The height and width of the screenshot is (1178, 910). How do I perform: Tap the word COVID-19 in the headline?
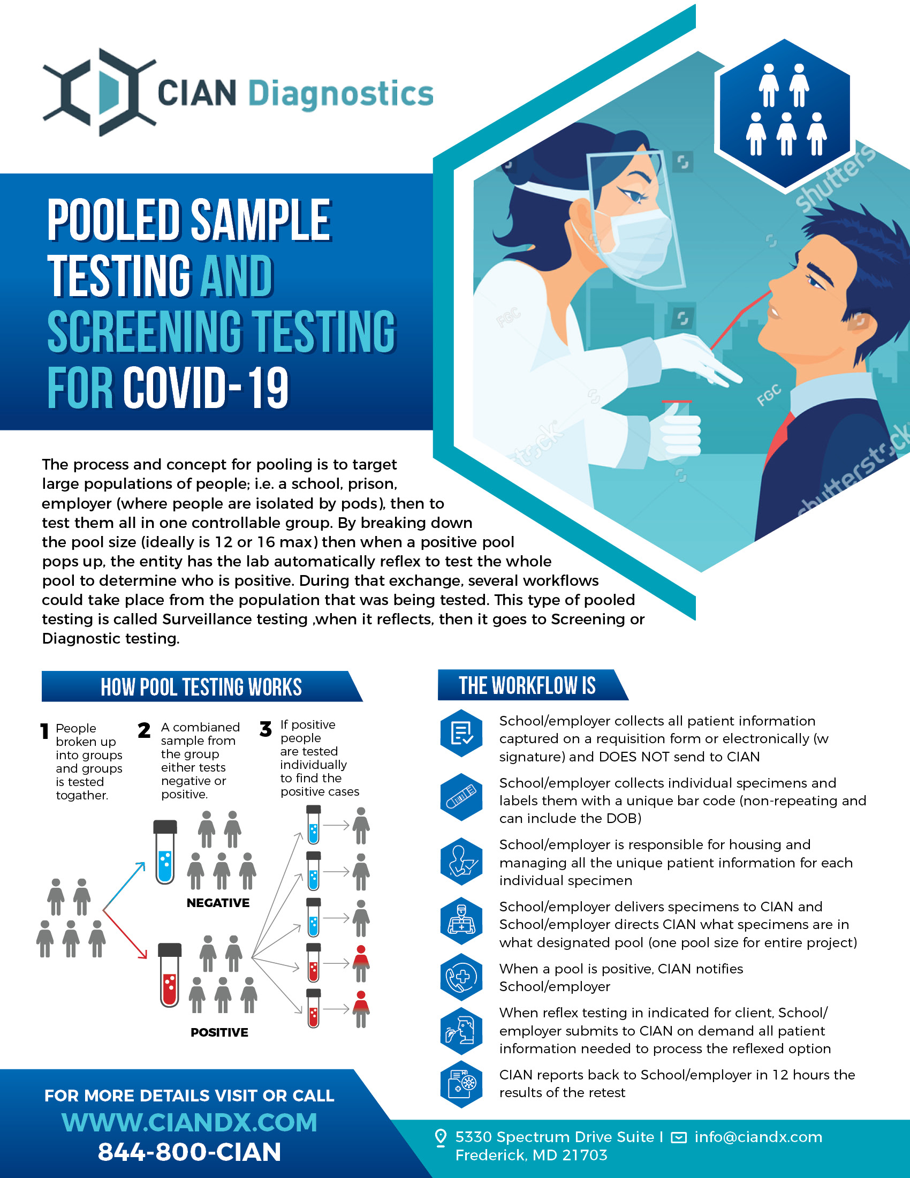(207, 387)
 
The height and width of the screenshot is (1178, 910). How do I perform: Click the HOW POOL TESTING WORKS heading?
(201, 686)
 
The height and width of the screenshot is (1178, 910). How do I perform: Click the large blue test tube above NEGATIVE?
(165, 852)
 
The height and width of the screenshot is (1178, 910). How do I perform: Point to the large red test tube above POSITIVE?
(170, 975)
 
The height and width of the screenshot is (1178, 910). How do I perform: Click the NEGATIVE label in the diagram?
(218, 903)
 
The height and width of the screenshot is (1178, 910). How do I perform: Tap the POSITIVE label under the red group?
(219, 1032)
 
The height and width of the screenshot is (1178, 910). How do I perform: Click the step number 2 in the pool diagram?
(144, 730)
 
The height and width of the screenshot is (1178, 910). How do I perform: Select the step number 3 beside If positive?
(265, 729)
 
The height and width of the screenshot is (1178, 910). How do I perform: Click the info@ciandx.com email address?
(758, 1137)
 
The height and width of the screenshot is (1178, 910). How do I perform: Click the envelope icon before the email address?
(678, 1137)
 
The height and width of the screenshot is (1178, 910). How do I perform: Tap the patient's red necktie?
(778, 439)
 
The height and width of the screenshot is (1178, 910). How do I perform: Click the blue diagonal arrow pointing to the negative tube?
(124, 885)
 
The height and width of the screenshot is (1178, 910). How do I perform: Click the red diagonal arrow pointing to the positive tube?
(125, 935)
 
